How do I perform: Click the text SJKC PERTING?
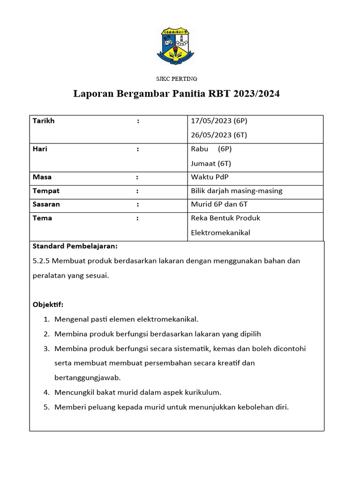[x=176, y=79]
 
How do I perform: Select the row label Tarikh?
[x=44, y=121]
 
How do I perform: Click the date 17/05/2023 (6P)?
[x=219, y=121]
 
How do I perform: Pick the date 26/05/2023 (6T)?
[x=219, y=135]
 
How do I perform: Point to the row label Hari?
[x=40, y=149]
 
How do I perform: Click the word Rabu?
[x=200, y=149]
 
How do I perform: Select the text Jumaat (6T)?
[x=211, y=164]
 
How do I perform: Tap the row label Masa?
[x=42, y=177]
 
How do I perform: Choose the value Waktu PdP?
[x=210, y=177]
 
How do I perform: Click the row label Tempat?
[x=46, y=191]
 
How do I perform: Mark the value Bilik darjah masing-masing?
[x=237, y=191]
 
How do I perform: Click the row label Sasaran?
[x=46, y=204]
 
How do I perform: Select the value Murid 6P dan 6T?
[x=219, y=204]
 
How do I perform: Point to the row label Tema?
[x=42, y=218]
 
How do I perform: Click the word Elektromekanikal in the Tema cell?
[x=221, y=232]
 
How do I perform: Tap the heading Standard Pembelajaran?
[x=75, y=246]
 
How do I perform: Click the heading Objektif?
[x=48, y=305]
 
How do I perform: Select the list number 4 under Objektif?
[x=46, y=392]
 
